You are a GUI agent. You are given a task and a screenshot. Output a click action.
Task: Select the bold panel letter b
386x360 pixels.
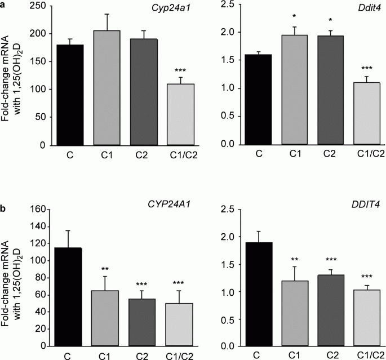click(x=4, y=208)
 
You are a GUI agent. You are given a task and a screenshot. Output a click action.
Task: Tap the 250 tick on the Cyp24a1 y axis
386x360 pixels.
click(x=38, y=5)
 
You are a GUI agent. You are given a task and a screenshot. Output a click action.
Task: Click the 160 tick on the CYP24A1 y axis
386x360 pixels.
click(x=38, y=208)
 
